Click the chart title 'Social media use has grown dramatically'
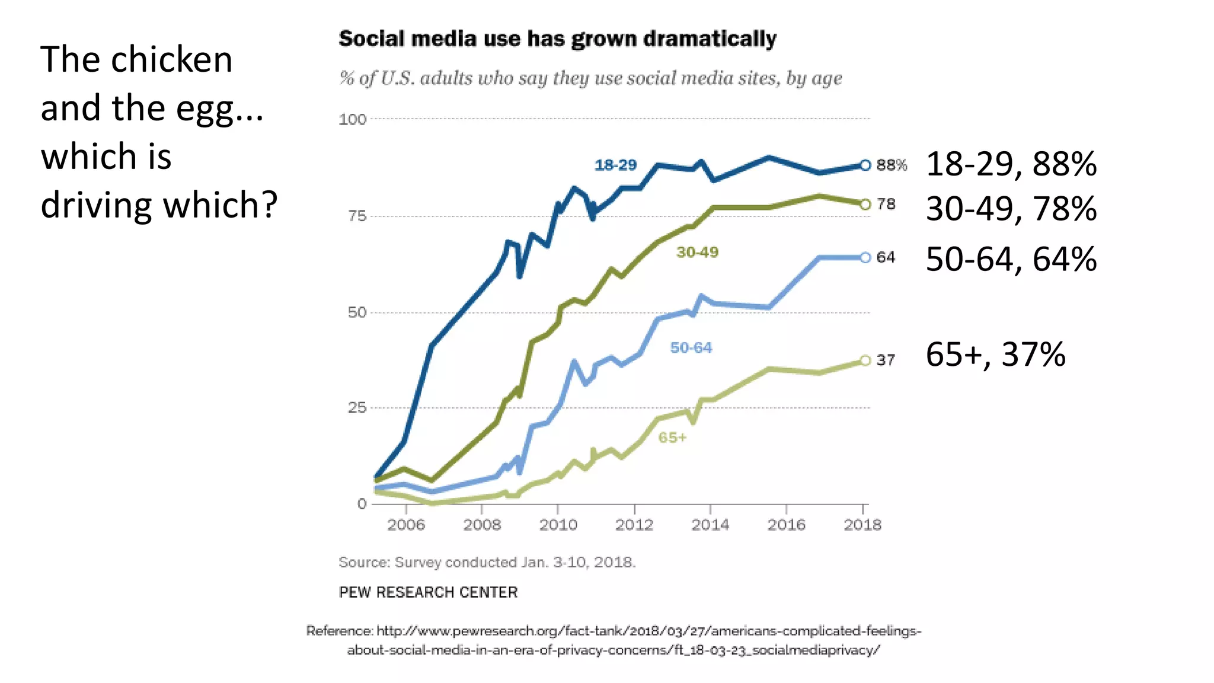click(x=557, y=39)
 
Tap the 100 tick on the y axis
click(x=353, y=119)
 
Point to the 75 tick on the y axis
click(x=357, y=216)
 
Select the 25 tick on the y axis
click(x=357, y=408)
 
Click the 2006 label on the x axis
click(x=406, y=525)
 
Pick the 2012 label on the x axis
click(x=634, y=525)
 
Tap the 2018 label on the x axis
click(x=862, y=525)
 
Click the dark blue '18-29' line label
click(x=615, y=165)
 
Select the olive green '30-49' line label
click(x=697, y=253)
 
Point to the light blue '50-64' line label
click(x=691, y=348)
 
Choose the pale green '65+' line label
click(x=672, y=438)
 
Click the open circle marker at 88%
click(x=865, y=165)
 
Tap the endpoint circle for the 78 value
click(x=865, y=205)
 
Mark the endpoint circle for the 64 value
click(x=865, y=257)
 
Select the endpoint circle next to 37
click(x=865, y=360)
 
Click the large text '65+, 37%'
click(x=996, y=355)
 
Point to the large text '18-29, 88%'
click(x=1011, y=164)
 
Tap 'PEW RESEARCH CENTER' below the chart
click(x=428, y=592)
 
